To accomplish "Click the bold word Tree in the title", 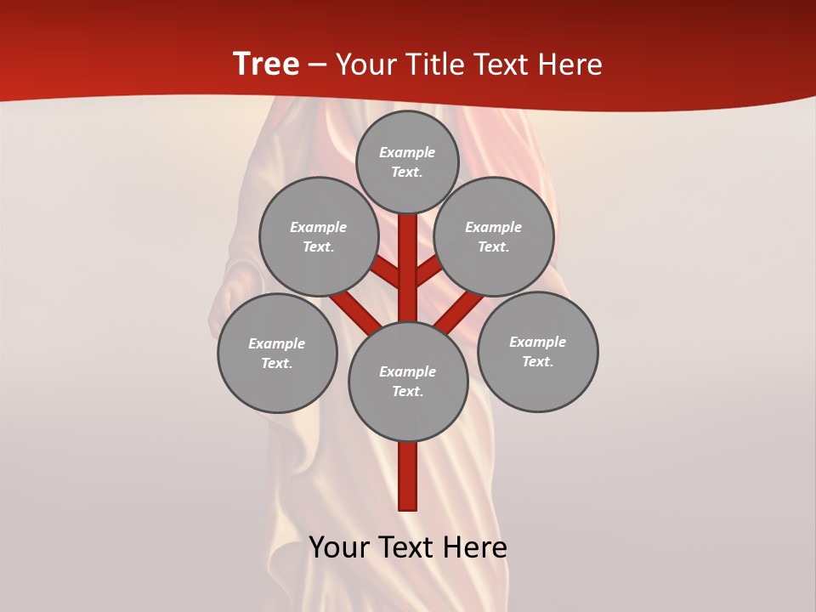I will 266,65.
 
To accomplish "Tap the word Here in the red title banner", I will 570,65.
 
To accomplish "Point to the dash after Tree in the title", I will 317,65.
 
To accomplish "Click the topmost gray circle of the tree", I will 407,161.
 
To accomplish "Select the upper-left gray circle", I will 318,236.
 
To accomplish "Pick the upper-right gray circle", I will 494,236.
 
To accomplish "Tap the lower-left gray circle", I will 277,353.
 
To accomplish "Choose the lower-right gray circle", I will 537,351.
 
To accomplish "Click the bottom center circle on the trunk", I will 408,381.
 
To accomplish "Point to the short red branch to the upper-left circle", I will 387,272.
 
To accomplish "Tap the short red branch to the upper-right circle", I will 428,271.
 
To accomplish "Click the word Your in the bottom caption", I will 339,547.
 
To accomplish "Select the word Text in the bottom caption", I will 407,547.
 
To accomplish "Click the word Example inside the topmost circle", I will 407,152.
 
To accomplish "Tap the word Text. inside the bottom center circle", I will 407,391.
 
